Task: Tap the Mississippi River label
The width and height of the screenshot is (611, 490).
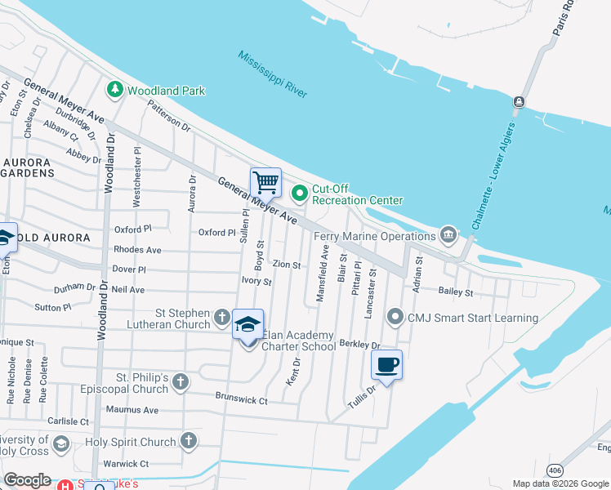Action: tap(273, 74)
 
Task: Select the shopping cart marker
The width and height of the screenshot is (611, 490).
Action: tap(265, 183)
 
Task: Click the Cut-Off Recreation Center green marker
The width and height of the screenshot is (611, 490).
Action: tap(300, 194)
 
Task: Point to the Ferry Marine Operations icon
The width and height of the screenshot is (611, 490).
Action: tap(448, 236)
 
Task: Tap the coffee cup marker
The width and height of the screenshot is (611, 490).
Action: tap(387, 364)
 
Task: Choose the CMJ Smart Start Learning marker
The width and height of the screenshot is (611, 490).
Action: tap(396, 316)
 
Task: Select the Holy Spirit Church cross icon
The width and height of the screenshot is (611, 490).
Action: tap(189, 442)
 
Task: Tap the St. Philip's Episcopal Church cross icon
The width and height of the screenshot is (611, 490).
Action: tap(181, 381)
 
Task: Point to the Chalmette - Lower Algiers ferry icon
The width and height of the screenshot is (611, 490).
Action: tap(518, 102)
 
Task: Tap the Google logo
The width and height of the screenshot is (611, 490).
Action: tap(28, 480)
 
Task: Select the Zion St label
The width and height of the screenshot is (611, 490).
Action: tap(287, 265)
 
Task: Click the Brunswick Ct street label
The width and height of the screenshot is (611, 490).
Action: tap(241, 401)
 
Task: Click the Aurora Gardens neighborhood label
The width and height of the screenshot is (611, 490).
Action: tap(27, 167)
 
